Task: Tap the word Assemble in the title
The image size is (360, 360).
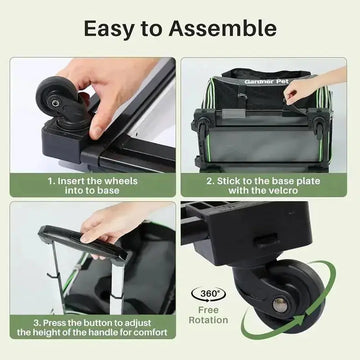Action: point(231,29)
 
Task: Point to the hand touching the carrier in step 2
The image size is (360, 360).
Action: point(305,88)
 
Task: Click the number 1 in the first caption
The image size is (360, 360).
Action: point(51,181)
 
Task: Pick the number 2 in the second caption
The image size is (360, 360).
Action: point(210,181)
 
